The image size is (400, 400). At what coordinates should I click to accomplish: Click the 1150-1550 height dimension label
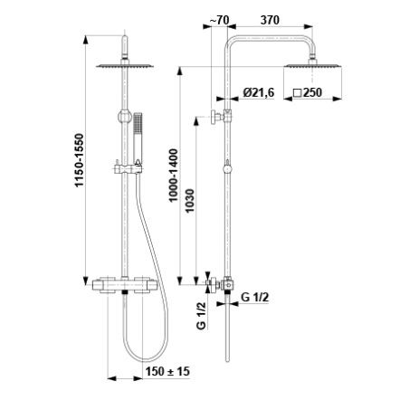click(80, 160)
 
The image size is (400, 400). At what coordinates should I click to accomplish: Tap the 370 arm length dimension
click(270, 20)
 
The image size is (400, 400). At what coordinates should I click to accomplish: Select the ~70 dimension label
click(219, 20)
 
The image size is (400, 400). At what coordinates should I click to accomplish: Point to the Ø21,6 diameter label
click(259, 92)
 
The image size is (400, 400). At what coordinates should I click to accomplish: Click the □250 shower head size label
click(308, 92)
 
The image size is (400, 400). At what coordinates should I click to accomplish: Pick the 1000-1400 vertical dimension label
click(174, 176)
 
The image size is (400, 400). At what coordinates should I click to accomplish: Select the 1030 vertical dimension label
click(190, 201)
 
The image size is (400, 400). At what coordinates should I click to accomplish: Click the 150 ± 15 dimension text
click(167, 371)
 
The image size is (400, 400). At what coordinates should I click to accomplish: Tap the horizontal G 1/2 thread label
click(255, 298)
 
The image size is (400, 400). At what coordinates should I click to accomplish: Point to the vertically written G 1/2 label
click(201, 316)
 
